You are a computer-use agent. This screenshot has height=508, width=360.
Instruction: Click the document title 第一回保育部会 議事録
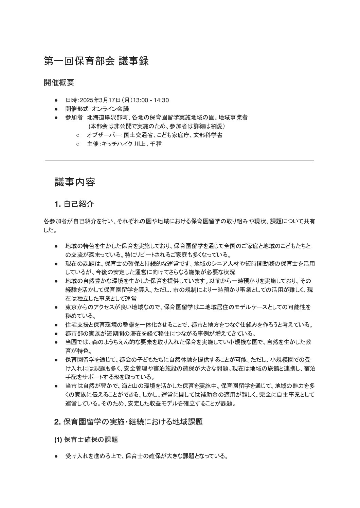tap(96, 61)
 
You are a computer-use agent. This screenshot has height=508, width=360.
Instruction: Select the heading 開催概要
tap(59, 82)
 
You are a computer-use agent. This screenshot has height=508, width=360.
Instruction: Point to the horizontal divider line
tap(179, 161)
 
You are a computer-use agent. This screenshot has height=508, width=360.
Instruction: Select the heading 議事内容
tap(75, 182)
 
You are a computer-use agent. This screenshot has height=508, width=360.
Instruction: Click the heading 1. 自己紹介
tap(74, 204)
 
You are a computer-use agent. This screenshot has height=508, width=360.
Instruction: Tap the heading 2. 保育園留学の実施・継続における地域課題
tap(128, 422)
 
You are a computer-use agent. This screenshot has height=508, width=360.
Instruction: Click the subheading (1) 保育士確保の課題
tap(86, 439)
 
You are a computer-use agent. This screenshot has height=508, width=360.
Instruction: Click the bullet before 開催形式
tap(56, 109)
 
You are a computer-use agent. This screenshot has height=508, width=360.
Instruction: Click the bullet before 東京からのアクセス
tap(56, 307)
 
